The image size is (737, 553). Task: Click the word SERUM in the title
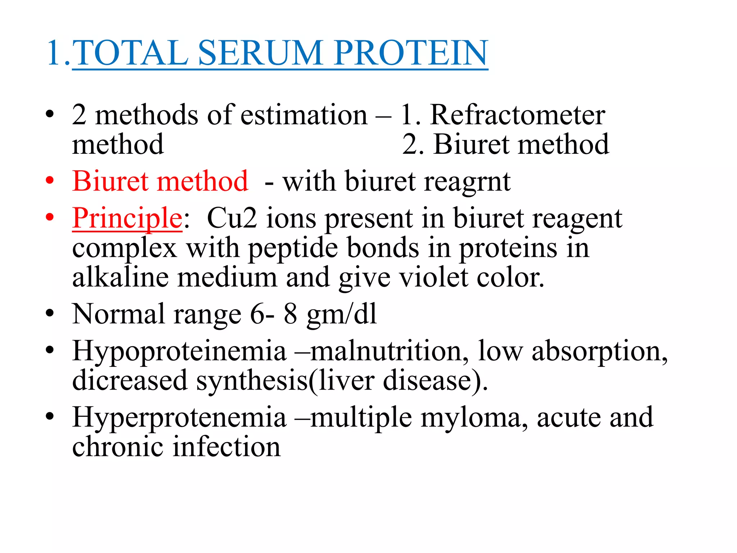[x=265, y=53]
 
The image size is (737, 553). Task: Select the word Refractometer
[x=517, y=115]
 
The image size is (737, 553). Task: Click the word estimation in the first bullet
[x=304, y=115]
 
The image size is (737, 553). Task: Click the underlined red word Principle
[x=127, y=219]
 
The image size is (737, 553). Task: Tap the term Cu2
[x=232, y=219]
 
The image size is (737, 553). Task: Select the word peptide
[x=293, y=248]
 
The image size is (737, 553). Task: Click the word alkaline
[x=120, y=278]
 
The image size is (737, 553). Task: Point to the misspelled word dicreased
[x=130, y=381]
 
